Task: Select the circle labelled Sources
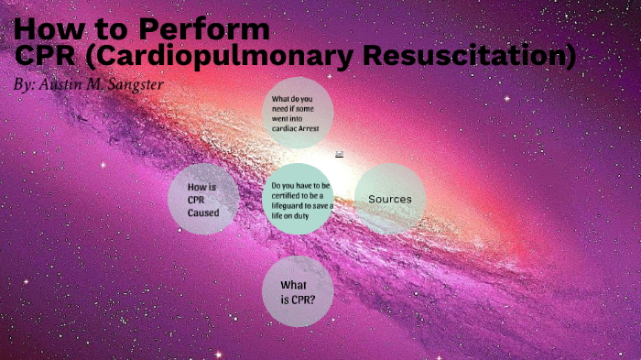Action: click(389, 199)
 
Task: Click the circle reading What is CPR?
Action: click(298, 291)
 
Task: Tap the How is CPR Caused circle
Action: click(203, 200)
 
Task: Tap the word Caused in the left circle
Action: click(203, 213)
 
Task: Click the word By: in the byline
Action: click(26, 83)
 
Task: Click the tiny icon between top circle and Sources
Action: click(340, 153)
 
